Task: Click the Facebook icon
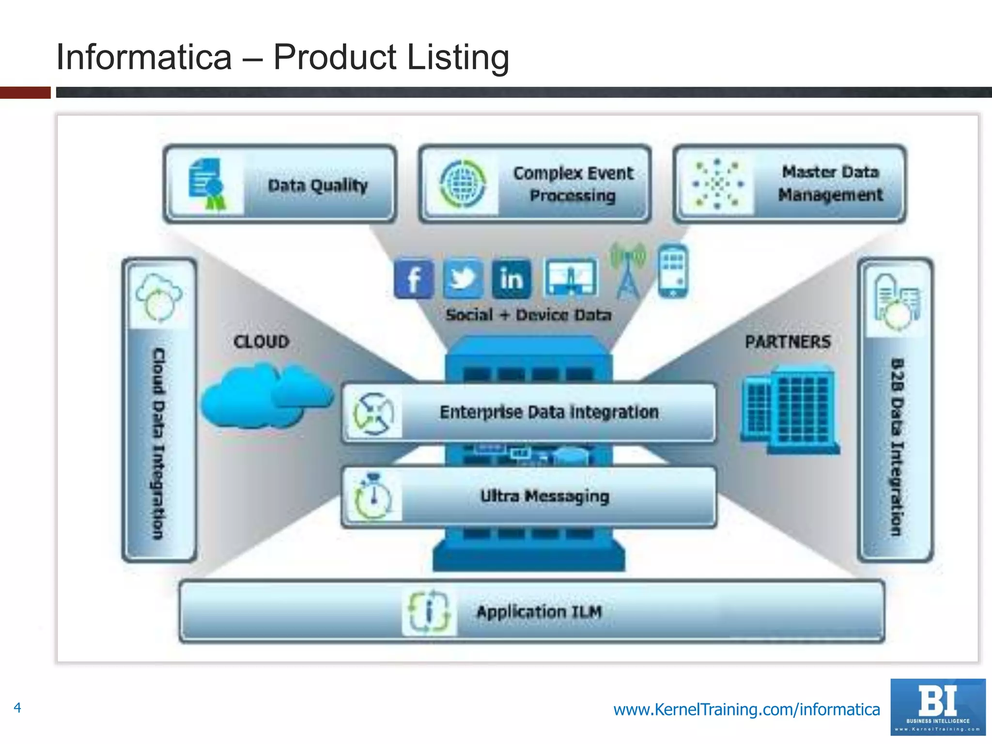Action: [413, 279]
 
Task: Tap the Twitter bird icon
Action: [463, 279]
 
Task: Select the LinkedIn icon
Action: [511, 279]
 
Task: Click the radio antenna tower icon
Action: [628, 270]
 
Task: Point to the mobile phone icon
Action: [673, 271]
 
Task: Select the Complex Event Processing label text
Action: [573, 184]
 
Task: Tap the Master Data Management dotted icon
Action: [717, 184]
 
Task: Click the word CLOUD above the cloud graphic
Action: [261, 341]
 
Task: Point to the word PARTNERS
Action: [788, 341]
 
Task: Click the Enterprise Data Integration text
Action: [549, 412]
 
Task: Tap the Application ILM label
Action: [539, 612]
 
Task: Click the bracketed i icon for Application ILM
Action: [429, 611]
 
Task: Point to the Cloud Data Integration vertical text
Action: [159, 443]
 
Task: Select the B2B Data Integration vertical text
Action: [897, 447]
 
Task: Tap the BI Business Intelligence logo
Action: [938, 707]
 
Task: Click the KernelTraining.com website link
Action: [746, 709]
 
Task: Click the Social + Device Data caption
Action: [528, 315]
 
